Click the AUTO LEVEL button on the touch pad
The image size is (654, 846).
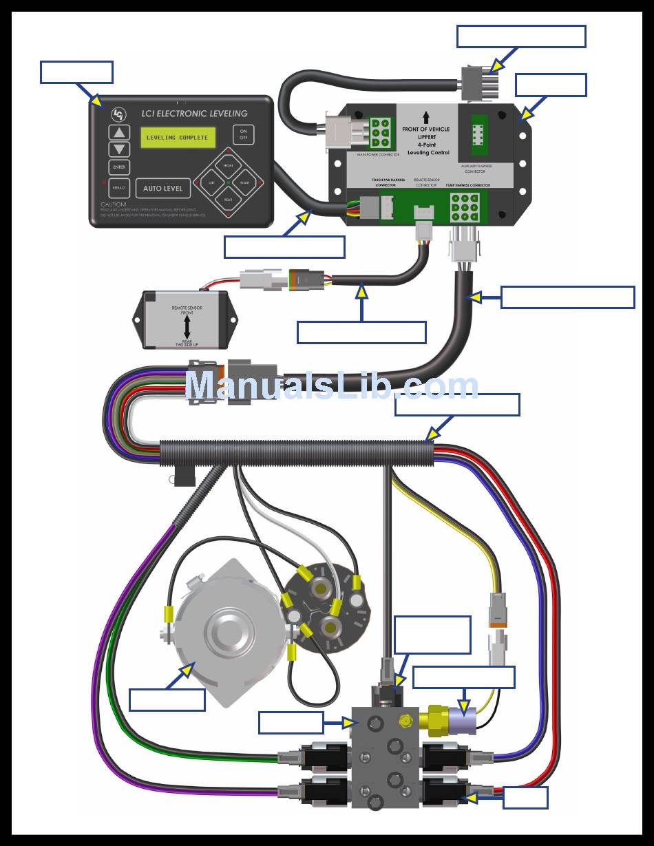tap(163, 188)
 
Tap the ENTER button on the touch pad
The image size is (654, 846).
tap(119, 167)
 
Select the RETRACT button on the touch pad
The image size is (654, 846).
tap(119, 188)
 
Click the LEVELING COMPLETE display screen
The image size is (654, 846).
tap(176, 138)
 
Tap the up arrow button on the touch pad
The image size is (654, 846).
tap(120, 133)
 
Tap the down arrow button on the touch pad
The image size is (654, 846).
tap(120, 149)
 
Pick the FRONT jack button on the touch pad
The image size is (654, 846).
tap(228, 166)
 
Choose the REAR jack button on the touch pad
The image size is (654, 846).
tap(228, 200)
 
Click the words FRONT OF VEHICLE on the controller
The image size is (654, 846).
tap(425, 129)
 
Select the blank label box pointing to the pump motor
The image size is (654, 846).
tap(167, 699)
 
